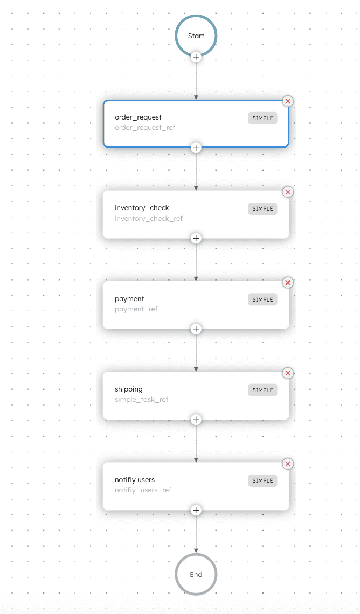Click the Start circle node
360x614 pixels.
196,36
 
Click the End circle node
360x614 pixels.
196,575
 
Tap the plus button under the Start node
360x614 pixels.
196,57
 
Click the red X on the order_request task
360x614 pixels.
288,101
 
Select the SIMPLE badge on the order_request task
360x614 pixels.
262,118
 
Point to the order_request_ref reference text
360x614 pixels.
145,128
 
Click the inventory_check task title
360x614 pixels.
142,207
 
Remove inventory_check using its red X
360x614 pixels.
288,192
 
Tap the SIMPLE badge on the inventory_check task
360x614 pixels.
262,209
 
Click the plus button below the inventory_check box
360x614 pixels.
196,239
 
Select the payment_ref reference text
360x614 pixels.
136,309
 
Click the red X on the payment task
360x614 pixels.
288,283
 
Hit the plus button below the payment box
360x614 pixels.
196,329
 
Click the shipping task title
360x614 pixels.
129,389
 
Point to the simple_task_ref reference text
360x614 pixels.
142,400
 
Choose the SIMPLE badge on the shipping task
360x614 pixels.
262,390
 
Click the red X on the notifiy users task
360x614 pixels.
288,464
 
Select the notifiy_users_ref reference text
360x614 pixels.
143,490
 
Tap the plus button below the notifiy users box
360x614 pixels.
196,510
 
